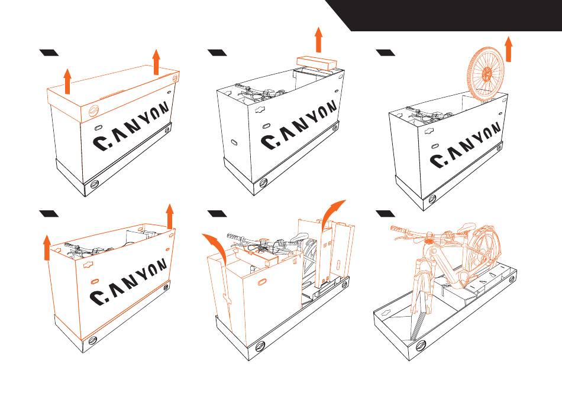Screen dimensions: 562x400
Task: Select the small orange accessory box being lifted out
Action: [x=317, y=62]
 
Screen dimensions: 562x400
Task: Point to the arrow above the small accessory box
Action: [x=318, y=40]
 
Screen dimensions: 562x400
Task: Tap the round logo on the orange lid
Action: [x=94, y=112]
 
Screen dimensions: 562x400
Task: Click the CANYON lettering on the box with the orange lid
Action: [x=131, y=126]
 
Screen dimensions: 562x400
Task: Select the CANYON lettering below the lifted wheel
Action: [x=465, y=145]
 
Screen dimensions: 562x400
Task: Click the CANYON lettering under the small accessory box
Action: [x=299, y=125]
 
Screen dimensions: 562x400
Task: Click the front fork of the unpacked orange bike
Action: [x=419, y=287]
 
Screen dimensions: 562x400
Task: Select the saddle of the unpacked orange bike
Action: [x=468, y=227]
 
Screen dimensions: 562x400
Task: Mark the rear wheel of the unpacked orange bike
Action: [x=483, y=250]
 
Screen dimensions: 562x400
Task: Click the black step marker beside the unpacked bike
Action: [x=385, y=214]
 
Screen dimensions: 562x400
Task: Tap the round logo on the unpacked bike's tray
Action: [x=421, y=346]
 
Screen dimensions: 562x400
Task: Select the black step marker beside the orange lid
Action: [x=49, y=53]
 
